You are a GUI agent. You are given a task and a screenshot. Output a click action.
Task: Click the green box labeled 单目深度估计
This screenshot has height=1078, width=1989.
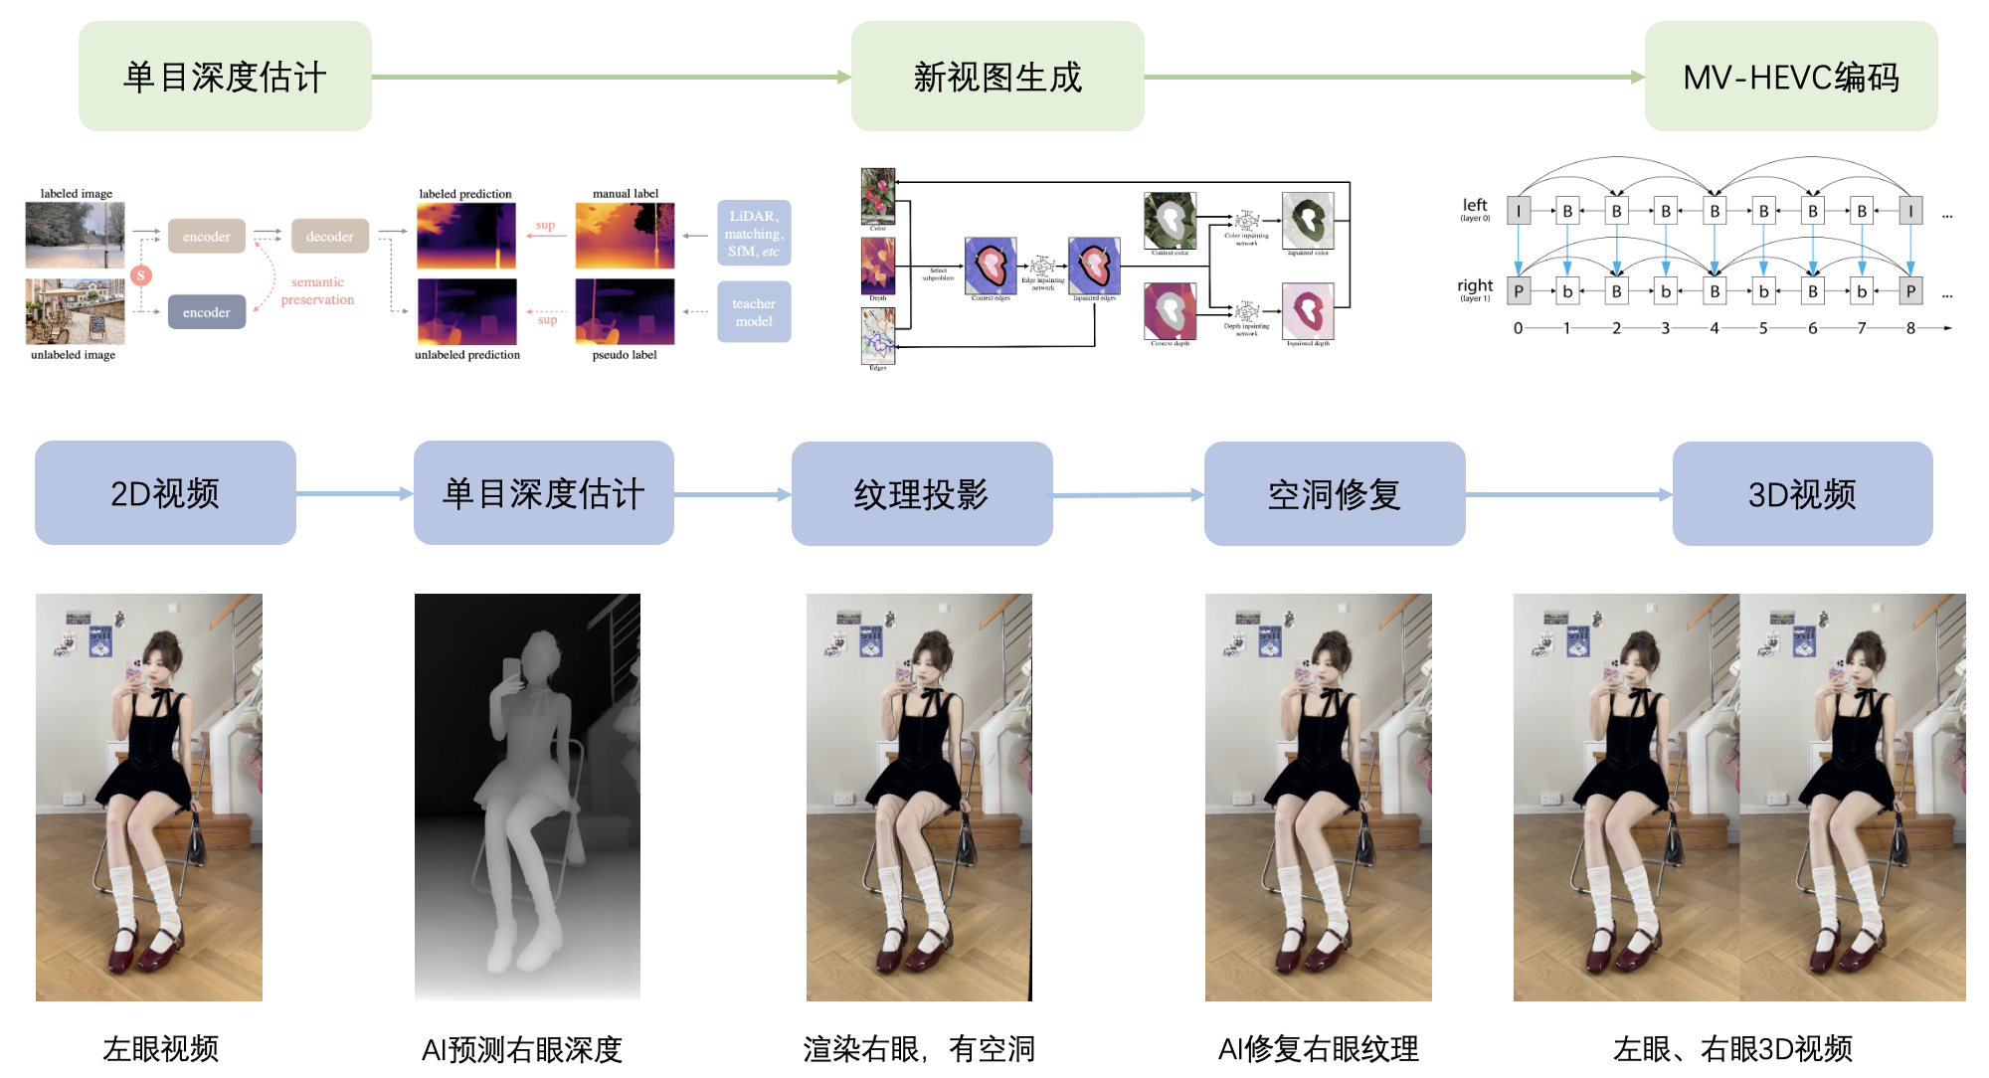coord(225,77)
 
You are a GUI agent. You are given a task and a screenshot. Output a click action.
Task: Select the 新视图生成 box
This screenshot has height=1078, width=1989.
coord(996,77)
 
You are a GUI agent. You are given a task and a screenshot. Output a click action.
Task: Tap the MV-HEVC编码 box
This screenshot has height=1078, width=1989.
coord(1790,77)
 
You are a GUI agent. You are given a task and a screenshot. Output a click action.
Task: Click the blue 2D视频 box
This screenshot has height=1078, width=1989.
coord(165,493)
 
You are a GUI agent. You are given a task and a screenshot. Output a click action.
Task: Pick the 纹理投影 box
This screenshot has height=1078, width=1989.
coord(921,493)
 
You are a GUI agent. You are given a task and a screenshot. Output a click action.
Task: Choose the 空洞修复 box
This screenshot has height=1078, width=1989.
coord(1334,493)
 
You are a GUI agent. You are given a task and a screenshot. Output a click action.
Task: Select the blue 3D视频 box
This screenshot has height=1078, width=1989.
coord(1802,493)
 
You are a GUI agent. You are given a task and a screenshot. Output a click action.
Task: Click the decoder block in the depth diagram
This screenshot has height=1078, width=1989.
coord(329,237)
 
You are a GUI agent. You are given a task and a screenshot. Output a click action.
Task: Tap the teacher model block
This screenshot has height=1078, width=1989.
coord(754,312)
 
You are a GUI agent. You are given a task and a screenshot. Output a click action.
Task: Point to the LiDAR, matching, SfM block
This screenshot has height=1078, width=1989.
coord(754,233)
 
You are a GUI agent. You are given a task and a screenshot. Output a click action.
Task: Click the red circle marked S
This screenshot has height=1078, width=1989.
coord(141,275)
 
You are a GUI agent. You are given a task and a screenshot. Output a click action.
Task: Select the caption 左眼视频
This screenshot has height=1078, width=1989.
coord(160,1048)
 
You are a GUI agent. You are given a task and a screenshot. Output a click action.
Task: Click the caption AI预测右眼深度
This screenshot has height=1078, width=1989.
coord(521,1049)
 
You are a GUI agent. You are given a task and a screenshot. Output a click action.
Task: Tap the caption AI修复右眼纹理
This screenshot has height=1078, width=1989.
coord(1318,1048)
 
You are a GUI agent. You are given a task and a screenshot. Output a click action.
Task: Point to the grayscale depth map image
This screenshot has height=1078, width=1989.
coord(527,797)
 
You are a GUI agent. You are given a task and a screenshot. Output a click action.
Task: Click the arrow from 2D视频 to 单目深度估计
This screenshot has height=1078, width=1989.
coord(354,493)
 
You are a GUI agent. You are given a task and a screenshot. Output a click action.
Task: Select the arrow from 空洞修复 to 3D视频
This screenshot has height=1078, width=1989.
coord(1568,494)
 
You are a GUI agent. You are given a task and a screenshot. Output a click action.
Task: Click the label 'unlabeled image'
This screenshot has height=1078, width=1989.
coord(73,355)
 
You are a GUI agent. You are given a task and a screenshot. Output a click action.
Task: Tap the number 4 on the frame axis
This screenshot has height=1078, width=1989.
coord(1714,328)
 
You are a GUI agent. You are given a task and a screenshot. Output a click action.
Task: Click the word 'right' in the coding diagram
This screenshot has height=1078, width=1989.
coord(1475,285)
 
